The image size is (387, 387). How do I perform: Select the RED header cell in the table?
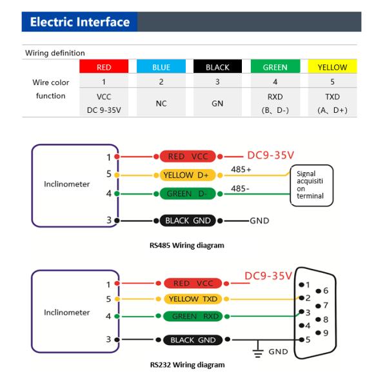[103, 66]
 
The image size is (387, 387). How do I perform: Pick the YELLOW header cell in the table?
[332, 66]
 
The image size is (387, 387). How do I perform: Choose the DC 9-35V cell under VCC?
[103, 109]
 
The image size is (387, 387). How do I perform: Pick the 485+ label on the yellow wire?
[241, 170]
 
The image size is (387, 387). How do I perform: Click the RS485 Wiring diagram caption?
[187, 245]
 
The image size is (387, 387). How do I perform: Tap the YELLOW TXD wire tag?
[191, 299]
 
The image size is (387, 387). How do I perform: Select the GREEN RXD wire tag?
[192, 316]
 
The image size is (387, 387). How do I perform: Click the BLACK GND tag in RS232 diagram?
[192, 339]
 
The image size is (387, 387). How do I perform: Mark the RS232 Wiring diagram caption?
[187, 365]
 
